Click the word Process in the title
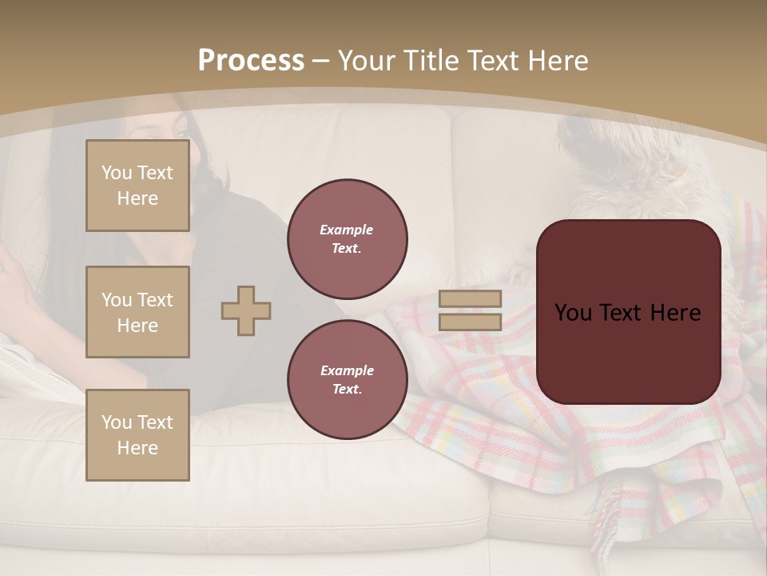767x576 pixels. [251, 61]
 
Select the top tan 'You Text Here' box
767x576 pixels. [137, 186]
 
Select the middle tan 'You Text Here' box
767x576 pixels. [137, 312]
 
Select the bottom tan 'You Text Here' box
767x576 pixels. [137, 434]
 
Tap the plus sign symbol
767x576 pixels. [246, 310]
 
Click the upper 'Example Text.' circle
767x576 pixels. [348, 239]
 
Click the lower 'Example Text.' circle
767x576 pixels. [348, 380]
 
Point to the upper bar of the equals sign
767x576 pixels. [471, 298]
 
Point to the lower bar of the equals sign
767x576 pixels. [471, 322]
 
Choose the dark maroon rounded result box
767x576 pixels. [629, 311]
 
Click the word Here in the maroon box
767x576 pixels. [670, 313]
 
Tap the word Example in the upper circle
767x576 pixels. [347, 230]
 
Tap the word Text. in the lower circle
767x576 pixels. [347, 390]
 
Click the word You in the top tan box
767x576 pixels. [117, 173]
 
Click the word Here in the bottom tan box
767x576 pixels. [137, 448]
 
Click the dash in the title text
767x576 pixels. [321, 61]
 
